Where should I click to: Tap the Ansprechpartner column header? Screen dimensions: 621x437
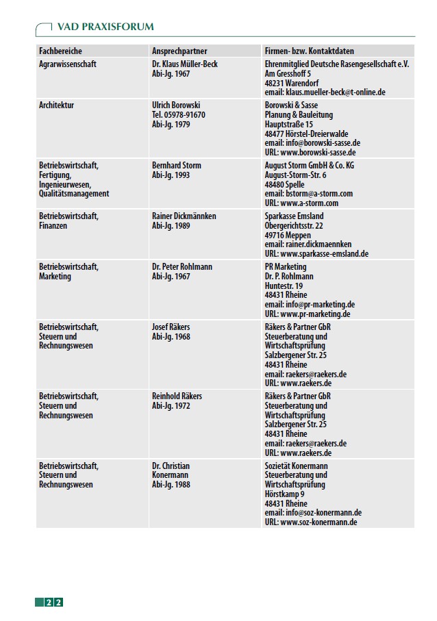[179, 51]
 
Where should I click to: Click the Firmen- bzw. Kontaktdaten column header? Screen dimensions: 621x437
[309, 51]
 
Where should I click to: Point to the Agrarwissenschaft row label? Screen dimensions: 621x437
[68, 64]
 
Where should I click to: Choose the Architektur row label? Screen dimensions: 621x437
[57, 105]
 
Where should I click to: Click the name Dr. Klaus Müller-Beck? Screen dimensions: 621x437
[185, 64]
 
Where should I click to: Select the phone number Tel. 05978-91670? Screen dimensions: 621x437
[178, 115]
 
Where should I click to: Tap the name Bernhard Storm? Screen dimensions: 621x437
[177, 166]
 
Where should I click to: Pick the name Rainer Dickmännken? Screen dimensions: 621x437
[184, 216]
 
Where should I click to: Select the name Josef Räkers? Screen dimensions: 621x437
[171, 327]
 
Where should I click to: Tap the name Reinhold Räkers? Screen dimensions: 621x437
[177, 396]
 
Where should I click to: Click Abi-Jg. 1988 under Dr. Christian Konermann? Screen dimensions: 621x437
[171, 485]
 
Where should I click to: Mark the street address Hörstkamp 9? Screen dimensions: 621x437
[285, 494]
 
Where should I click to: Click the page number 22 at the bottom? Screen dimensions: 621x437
[54, 603]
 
